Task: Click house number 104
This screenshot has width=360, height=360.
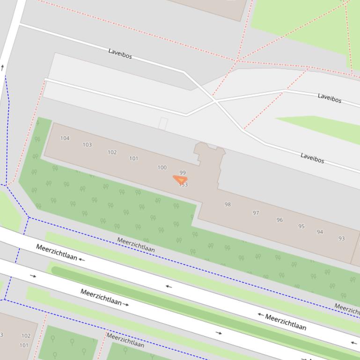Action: tap(65, 138)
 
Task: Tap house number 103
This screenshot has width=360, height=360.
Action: tap(87, 144)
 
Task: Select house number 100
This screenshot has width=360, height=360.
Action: tap(162, 167)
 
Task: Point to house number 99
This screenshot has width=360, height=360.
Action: tap(183, 173)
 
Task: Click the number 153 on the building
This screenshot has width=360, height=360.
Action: tap(183, 185)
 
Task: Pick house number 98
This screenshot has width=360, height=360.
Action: tap(228, 204)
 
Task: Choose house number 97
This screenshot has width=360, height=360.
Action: tap(256, 213)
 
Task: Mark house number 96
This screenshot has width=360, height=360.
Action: tap(279, 220)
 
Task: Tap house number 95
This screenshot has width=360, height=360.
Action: tap(301, 226)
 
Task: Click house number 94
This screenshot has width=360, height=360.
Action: tap(320, 232)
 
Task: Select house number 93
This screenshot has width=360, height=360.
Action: tap(341, 238)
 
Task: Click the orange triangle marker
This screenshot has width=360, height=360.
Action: tap(180, 179)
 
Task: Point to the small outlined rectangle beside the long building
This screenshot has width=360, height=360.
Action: tap(163, 123)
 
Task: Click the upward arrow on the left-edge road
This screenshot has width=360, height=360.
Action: tap(2, 68)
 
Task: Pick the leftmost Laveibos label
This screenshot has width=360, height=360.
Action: tap(120, 54)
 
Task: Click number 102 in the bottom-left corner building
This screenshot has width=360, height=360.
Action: tap(26, 336)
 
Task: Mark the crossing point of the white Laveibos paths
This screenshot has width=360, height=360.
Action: tap(215, 101)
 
